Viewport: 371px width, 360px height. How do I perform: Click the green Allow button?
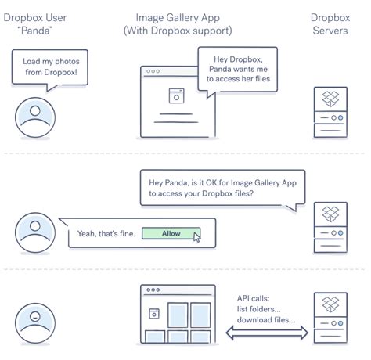[x=171, y=233]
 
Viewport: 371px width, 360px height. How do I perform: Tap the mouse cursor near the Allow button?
[x=196, y=237]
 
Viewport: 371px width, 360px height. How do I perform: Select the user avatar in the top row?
[x=34, y=115]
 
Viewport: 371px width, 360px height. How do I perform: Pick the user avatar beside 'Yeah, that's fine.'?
[x=34, y=232]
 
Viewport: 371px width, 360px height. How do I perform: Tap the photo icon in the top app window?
[x=176, y=95]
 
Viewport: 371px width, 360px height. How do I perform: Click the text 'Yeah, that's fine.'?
[x=105, y=234]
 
